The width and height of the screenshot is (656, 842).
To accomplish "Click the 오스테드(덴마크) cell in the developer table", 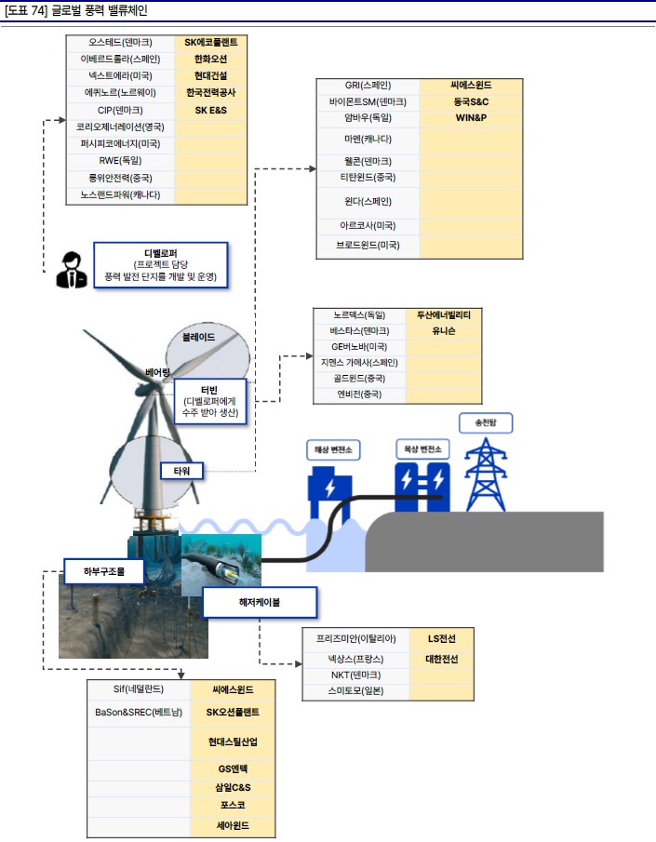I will point(120,42).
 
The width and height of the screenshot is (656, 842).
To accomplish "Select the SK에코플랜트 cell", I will point(210,42).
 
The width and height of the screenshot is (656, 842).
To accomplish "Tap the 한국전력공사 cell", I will point(210,93).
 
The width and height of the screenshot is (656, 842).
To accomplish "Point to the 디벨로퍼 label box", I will point(160,265).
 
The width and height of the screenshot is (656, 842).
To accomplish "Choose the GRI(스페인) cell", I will point(368,86).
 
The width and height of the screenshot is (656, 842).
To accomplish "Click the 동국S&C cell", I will point(472,101).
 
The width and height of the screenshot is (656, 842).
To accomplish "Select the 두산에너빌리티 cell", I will point(444,315).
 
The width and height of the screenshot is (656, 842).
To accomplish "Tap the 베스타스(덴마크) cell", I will point(358,331).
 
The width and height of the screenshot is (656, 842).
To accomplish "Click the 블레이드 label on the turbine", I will point(198,336).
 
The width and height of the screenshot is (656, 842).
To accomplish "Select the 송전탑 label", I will point(485,422).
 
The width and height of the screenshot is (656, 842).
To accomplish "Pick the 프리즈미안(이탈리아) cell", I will point(356,639).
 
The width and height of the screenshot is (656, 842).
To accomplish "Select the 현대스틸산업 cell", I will point(234,742).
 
